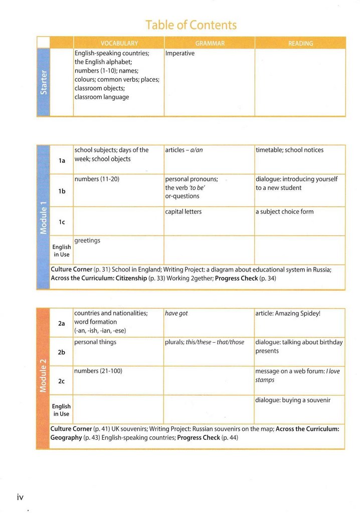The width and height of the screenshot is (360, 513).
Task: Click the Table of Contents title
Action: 191,25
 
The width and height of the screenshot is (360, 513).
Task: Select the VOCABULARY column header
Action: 119,44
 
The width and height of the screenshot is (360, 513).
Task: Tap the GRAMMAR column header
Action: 210,44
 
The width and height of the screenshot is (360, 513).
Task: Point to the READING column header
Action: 300,44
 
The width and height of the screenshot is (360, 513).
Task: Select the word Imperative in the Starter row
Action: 179,53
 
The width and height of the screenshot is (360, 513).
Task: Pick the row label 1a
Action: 62,161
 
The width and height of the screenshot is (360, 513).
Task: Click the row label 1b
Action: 62,191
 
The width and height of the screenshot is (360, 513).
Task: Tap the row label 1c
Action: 62,222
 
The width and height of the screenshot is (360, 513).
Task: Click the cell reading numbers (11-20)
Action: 97,179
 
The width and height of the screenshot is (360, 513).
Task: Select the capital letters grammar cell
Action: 183,211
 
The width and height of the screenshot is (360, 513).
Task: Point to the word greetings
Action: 87,240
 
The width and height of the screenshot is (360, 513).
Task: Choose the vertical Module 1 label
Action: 44,216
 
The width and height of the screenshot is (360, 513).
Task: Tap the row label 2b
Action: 62,352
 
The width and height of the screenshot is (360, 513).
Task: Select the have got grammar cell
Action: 176,314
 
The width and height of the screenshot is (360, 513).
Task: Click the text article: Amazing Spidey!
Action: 288,314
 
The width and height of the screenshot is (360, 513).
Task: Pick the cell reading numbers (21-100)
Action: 98,371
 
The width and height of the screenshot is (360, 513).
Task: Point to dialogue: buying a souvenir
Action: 293,400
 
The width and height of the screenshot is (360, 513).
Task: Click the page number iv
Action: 20,497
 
